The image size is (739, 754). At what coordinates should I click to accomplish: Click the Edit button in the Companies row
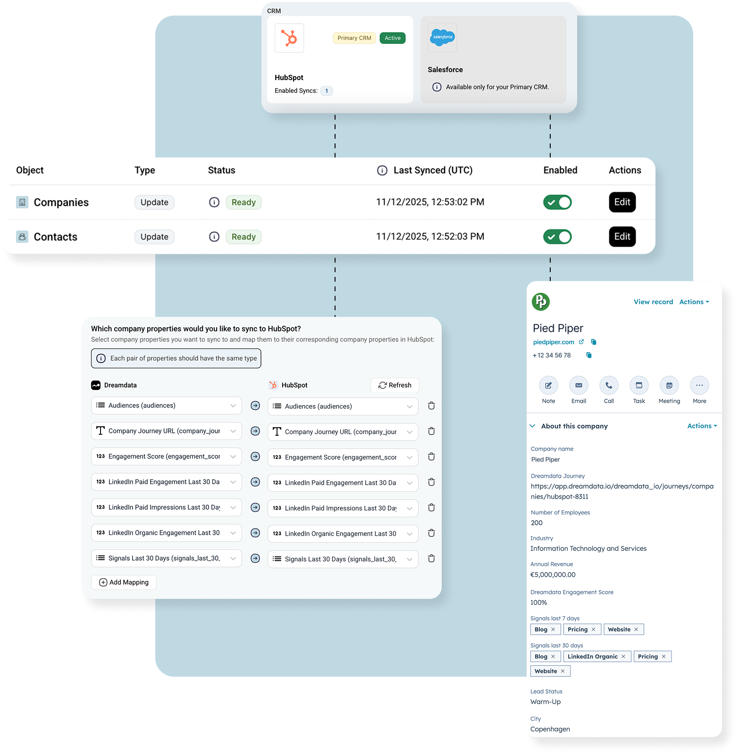(622, 202)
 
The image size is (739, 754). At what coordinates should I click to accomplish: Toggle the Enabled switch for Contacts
(557, 237)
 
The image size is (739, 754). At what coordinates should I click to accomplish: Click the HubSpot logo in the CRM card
(289, 38)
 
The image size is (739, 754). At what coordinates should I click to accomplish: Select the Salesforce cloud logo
(443, 37)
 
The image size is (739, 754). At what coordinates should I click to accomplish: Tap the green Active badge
(392, 38)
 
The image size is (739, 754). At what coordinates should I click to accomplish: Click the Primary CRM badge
(354, 38)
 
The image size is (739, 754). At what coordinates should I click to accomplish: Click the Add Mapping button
(124, 582)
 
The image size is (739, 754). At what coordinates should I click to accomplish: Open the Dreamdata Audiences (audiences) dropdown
(166, 406)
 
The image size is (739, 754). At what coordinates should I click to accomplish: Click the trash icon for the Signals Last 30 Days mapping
(431, 558)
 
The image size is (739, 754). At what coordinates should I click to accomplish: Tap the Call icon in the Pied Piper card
(609, 385)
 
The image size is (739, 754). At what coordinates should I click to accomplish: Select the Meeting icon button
(669, 385)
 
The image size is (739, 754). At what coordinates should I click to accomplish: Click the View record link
(653, 302)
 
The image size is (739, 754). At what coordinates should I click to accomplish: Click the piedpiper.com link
(554, 342)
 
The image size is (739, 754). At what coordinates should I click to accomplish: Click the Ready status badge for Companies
(244, 202)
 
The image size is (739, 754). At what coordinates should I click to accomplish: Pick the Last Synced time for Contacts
(430, 237)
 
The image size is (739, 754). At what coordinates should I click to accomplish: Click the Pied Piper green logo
(541, 302)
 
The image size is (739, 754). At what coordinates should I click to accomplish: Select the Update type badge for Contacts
(154, 237)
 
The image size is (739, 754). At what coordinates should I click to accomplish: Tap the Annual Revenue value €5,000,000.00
(553, 575)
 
